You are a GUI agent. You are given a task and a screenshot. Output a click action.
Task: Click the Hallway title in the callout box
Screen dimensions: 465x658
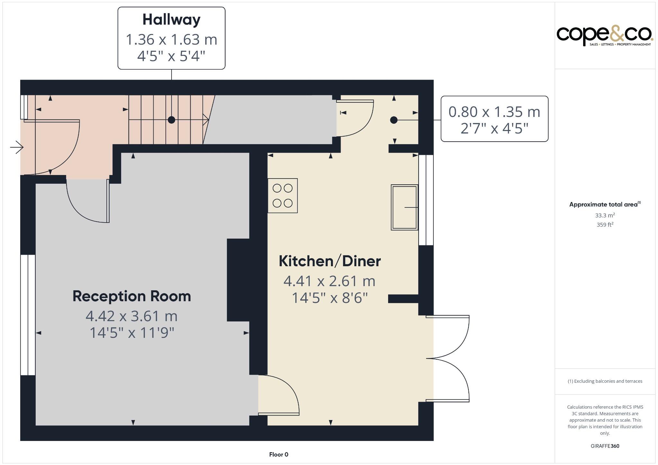click(x=171, y=20)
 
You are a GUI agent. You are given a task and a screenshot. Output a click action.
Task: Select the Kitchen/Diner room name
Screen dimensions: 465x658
click(x=330, y=261)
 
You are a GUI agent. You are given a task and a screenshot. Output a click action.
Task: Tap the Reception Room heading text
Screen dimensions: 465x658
click(x=132, y=296)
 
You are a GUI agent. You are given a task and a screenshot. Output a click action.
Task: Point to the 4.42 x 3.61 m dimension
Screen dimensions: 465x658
click(x=131, y=316)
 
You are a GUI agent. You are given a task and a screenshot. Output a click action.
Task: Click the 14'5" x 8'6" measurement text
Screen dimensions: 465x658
click(x=330, y=298)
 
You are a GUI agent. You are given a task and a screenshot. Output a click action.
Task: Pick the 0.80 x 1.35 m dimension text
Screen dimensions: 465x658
click(x=494, y=112)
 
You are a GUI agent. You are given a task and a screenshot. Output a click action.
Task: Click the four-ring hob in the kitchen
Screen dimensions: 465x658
click(x=283, y=196)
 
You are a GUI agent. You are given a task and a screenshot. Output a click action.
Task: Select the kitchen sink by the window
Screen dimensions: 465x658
click(x=404, y=207)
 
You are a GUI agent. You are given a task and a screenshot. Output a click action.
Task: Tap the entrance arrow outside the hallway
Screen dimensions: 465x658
click(x=16, y=148)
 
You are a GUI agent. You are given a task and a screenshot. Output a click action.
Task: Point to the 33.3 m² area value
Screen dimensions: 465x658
click(x=605, y=215)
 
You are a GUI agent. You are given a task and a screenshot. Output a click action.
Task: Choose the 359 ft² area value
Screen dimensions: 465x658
click(x=605, y=225)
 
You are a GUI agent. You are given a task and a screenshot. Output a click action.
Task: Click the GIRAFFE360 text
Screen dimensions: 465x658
click(x=605, y=446)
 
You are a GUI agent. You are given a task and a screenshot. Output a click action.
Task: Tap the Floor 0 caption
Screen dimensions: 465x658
click(x=279, y=454)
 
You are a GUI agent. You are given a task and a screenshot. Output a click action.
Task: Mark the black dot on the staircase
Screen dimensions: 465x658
click(x=172, y=120)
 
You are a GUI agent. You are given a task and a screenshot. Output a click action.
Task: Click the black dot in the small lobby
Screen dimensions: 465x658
click(x=394, y=120)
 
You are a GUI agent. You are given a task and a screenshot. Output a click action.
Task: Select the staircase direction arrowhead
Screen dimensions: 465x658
click(x=206, y=120)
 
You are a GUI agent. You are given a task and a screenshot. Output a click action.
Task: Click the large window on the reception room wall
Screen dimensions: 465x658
click(x=28, y=315)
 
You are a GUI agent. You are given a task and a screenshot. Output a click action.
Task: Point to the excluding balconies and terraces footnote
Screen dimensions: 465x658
click(x=605, y=381)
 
